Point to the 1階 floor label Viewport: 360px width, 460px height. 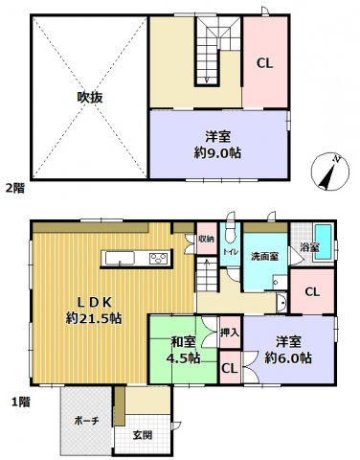pyautogui.click(x=12, y=402)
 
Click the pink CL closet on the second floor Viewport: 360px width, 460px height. pyautogui.click(x=264, y=62)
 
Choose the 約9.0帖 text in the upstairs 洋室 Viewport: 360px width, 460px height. pyautogui.click(x=216, y=150)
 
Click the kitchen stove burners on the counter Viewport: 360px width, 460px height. pyautogui.click(x=158, y=258)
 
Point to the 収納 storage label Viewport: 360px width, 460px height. pyautogui.click(x=206, y=239)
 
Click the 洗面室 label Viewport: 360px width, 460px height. pyautogui.click(x=263, y=256)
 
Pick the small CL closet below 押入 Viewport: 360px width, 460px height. pyautogui.click(x=230, y=366)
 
